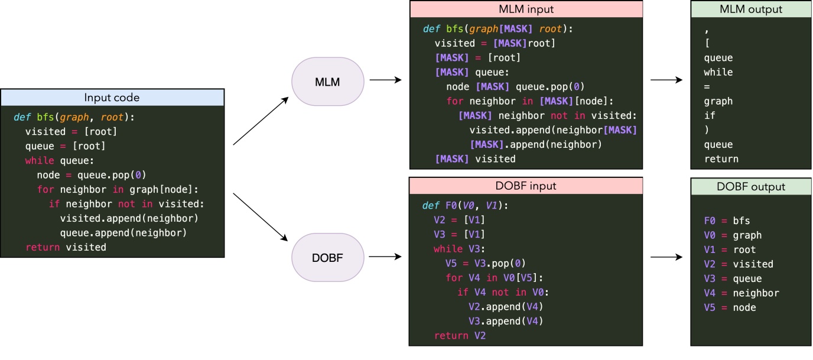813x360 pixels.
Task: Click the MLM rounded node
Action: click(328, 82)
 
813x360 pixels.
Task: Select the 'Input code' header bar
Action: click(112, 98)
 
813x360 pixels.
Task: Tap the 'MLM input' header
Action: click(526, 9)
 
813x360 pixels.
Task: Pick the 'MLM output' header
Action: click(751, 9)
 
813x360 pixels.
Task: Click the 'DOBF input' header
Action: click(526, 186)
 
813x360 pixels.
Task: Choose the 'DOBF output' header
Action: click(751, 187)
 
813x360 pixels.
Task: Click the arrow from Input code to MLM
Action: click(261, 121)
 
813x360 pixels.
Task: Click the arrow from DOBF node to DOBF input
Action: click(385, 257)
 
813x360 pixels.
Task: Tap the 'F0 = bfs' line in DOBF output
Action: click(727, 220)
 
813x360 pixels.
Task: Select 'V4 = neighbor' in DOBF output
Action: click(741, 293)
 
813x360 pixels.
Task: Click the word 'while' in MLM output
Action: click(718, 72)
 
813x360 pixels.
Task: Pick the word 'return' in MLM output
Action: click(721, 158)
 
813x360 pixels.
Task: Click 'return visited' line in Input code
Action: click(66, 247)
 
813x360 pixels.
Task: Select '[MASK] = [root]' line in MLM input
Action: click(477, 58)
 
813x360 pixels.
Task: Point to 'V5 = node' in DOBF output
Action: click(730, 307)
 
